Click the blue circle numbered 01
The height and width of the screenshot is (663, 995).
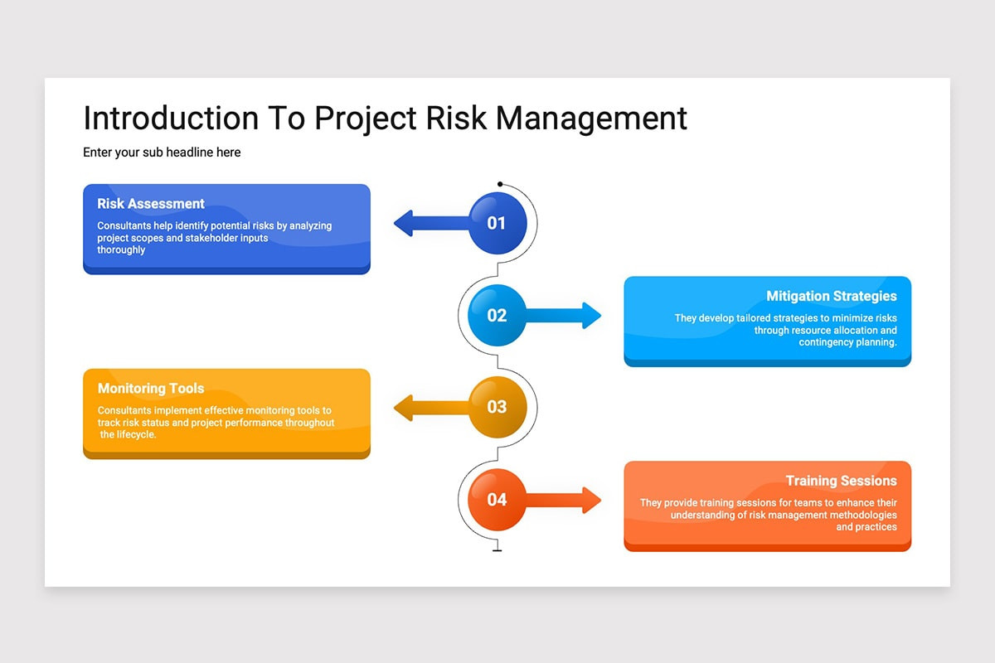pyautogui.click(x=498, y=223)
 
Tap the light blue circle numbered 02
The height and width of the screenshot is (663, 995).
pyautogui.click(x=497, y=315)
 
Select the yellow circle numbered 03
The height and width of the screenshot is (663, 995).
pyautogui.click(x=498, y=407)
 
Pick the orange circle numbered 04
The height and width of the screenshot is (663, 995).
pyautogui.click(x=497, y=500)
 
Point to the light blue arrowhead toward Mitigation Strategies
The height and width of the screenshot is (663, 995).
pyautogui.click(x=592, y=315)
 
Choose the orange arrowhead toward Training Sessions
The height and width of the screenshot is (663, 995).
pyautogui.click(x=592, y=500)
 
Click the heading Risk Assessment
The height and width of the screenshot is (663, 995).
pyautogui.click(x=151, y=204)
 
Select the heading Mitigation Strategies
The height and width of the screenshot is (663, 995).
pyautogui.click(x=832, y=296)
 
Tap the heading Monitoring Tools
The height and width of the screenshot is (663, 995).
pyautogui.click(x=151, y=389)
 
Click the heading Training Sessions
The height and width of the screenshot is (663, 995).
pyautogui.click(x=842, y=481)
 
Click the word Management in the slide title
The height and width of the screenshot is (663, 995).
pyautogui.click(x=591, y=119)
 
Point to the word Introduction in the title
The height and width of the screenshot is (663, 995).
pyautogui.click(x=171, y=119)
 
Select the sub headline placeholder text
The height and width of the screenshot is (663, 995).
pyautogui.click(x=162, y=152)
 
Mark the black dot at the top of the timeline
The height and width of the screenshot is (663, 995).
pyautogui.click(x=500, y=184)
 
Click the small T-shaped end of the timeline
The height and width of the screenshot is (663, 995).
pyautogui.click(x=497, y=549)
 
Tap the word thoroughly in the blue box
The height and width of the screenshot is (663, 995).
pyautogui.click(x=121, y=250)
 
